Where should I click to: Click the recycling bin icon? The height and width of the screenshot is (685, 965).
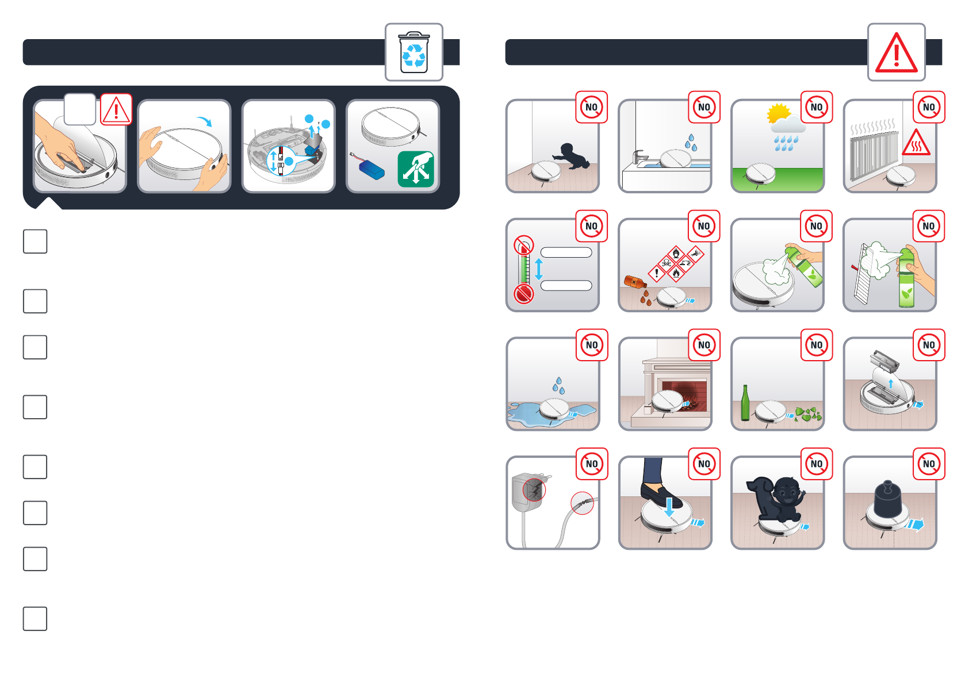[x=414, y=52]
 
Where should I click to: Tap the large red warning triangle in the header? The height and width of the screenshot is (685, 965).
[x=896, y=53]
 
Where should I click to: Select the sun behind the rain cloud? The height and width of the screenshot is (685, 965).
[x=778, y=113]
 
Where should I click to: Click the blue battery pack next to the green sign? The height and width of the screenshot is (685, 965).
[x=371, y=170]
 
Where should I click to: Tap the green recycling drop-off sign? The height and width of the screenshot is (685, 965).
[x=416, y=169]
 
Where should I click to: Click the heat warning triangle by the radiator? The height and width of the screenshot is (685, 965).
[x=916, y=143]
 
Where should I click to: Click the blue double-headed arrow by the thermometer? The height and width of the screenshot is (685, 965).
[x=539, y=269]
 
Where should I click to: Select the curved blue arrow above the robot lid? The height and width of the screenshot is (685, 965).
[x=204, y=121]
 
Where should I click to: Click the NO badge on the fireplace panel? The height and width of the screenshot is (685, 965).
[x=704, y=345]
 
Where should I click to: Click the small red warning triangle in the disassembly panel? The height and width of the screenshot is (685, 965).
[x=116, y=109]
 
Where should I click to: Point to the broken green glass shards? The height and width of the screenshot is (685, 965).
[x=809, y=414]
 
